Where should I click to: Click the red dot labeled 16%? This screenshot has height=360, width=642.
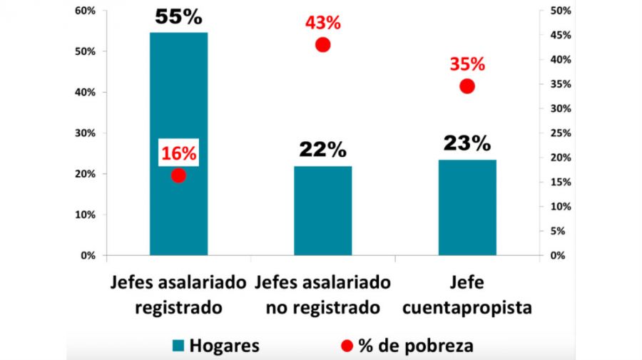pos(178,175)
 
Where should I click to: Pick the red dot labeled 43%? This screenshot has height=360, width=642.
pos(323,45)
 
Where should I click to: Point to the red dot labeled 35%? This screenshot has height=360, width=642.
pos(467,86)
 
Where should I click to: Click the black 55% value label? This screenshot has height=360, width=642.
pos(178,18)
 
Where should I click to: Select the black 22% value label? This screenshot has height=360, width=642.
pos(322,150)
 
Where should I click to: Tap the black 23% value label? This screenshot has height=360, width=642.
pos(467,143)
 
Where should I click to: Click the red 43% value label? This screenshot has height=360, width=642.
pos(323,23)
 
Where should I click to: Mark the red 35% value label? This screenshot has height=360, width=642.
pos(467,64)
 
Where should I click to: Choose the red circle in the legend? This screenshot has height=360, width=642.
pos(347,346)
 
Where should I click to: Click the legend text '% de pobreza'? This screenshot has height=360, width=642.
pos(416,346)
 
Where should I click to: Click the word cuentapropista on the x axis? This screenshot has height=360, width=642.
pos(467,308)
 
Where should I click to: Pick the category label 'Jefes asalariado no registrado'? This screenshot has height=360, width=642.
pos(322,295)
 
